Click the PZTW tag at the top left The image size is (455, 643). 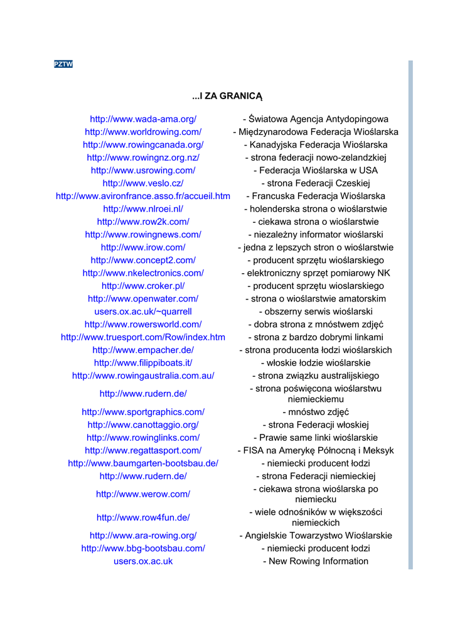click(63, 64)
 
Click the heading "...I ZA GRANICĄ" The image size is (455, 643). click(227, 96)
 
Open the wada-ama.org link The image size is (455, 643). click(143, 119)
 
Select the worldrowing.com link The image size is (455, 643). click(143, 132)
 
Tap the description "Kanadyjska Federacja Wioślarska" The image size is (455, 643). click(315, 145)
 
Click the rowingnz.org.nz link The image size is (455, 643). click(143, 158)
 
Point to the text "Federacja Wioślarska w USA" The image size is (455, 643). click(315, 171)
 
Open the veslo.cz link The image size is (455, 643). click(143, 183)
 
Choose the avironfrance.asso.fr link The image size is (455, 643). click(143, 197)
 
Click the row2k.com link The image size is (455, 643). click(143, 222)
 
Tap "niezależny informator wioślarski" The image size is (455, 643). click(315, 235)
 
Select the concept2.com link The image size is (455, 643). click(143, 260)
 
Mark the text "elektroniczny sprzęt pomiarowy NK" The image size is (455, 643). click(315, 273)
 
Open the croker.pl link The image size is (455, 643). click(143, 286)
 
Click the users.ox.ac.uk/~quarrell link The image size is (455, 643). click(143, 311)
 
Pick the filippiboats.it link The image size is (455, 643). click(143, 363)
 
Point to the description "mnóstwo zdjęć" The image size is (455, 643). click(315, 412)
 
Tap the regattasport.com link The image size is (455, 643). click(143, 450)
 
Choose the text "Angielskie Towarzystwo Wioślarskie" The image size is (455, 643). click(315, 536)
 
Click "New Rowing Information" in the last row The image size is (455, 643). click(315, 561)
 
